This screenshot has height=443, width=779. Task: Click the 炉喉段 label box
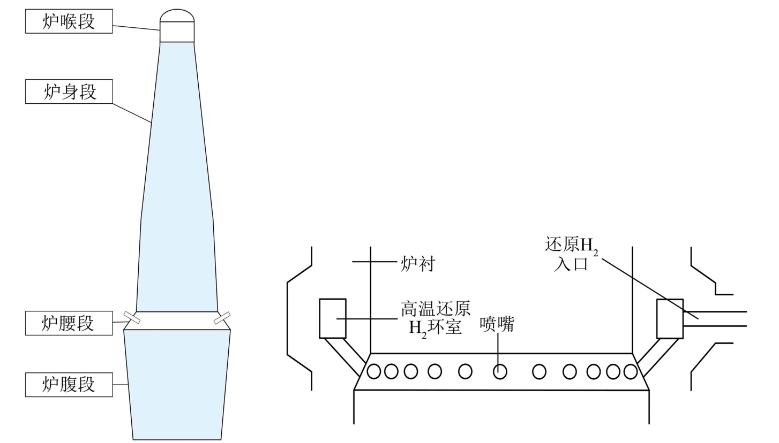tap(69, 21)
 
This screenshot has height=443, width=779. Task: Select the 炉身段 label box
tap(69, 91)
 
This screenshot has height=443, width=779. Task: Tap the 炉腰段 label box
tap(69, 323)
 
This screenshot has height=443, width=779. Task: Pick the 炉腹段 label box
tap(69, 385)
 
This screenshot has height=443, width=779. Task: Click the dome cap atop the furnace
tap(177, 16)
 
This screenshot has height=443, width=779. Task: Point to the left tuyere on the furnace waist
tap(132, 317)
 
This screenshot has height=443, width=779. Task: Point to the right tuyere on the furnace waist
tap(222, 318)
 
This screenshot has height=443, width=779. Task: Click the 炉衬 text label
tap(418, 264)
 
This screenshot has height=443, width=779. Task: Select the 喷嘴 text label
tap(497, 325)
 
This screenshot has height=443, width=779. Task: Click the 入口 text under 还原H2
tap(571, 264)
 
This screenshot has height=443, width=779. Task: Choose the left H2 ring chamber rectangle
tap(333, 318)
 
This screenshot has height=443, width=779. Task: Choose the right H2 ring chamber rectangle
tap(670, 319)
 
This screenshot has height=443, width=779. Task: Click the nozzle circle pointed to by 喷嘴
tap(500, 371)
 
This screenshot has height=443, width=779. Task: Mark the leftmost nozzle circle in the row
tap(374, 371)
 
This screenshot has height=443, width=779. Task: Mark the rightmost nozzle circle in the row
tap(630, 371)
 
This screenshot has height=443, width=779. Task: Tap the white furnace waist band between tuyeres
tap(177, 320)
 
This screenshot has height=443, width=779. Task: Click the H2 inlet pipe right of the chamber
tap(715, 319)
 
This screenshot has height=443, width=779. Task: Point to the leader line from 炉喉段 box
tap(136, 28)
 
